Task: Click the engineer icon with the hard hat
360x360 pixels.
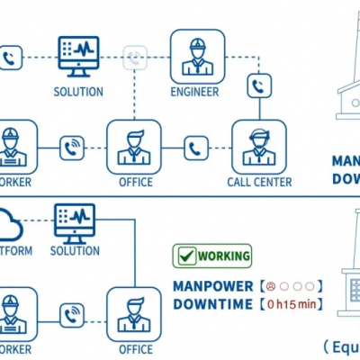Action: pos(197,56)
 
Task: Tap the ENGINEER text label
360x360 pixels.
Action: pos(196,91)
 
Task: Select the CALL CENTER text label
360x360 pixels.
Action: pos(259,182)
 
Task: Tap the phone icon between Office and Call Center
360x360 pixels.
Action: pos(196,148)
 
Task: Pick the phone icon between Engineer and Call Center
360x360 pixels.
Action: pos(259,86)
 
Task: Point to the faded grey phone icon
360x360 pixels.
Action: pos(134,58)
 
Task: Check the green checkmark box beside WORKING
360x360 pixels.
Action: pos(186,256)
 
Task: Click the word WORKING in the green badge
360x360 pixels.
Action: pos(224,256)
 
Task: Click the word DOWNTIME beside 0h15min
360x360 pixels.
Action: pos(213,304)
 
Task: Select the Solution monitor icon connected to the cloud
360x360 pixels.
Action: pos(76,221)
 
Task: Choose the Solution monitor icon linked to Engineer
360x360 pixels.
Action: pos(78,56)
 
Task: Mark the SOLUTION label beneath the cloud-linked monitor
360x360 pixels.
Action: pos(76,250)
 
